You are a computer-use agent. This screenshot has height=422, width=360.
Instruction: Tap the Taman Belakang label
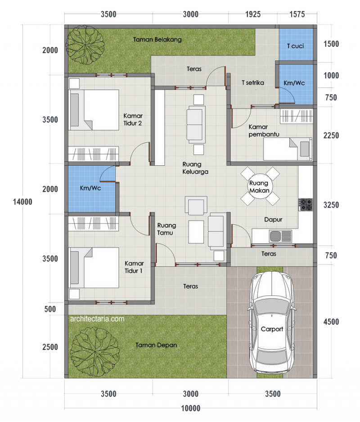point(157,40)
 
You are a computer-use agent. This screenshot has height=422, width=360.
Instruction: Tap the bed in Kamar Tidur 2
point(94,110)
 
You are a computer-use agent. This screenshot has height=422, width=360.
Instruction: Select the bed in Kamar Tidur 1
point(94,267)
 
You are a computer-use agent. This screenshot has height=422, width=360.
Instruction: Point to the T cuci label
point(295,46)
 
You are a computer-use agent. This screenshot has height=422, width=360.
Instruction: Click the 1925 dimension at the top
point(252,14)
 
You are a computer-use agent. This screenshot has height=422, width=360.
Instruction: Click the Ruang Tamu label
point(166,229)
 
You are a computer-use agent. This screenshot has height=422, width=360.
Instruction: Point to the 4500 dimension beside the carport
point(330,322)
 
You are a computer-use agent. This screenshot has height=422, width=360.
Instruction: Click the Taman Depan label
point(156,345)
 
